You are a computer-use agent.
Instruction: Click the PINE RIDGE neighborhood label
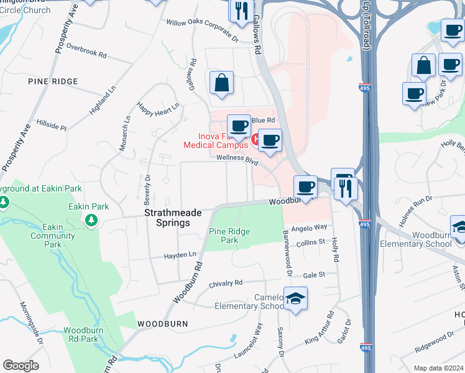53,81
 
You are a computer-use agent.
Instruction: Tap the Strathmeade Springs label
173,217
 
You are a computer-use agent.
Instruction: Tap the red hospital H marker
254,136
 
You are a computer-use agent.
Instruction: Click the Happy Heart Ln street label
158,106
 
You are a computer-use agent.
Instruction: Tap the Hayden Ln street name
180,255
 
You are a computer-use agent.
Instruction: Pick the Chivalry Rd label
225,282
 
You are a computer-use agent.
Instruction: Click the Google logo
21,365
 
